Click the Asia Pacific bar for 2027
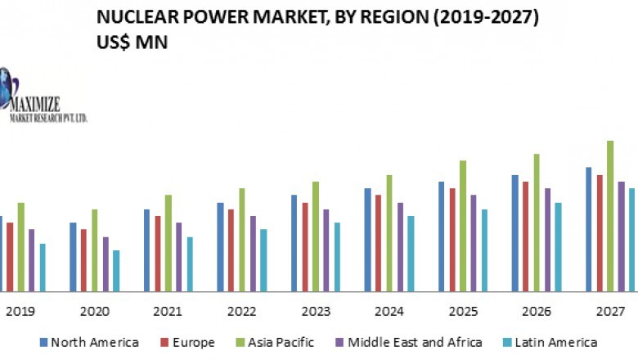pyautogui.click(x=610, y=216)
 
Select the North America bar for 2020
pyautogui.click(x=73, y=257)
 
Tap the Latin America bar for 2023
pyautogui.click(x=337, y=257)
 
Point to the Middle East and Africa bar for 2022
pyautogui.click(x=253, y=254)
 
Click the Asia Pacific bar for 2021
pyautogui.click(x=168, y=243)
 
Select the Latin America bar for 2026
pyautogui.click(x=559, y=247)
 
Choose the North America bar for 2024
pyautogui.click(x=367, y=240)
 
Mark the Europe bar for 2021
pyautogui.click(x=158, y=254)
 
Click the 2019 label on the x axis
pyautogui.click(x=19, y=312)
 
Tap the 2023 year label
pyautogui.click(x=316, y=312)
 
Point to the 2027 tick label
pyautogui.click(x=611, y=312)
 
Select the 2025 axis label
pyautogui.click(x=463, y=312)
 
